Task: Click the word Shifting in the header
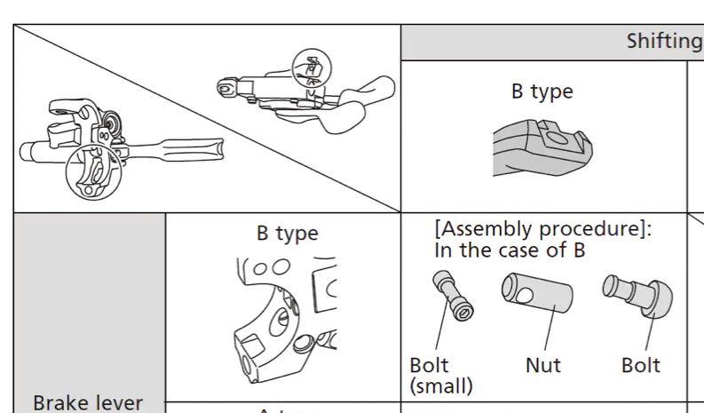pyautogui.click(x=664, y=41)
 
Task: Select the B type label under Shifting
pyautogui.click(x=542, y=91)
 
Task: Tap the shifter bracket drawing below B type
pyautogui.click(x=542, y=146)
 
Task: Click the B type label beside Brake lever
pyautogui.click(x=287, y=234)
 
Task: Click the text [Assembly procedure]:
pyautogui.click(x=542, y=229)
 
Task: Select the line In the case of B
pyautogui.click(x=509, y=250)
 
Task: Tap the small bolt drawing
pyautogui.click(x=452, y=296)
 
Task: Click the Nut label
pyautogui.click(x=542, y=366)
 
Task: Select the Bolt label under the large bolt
pyautogui.click(x=640, y=366)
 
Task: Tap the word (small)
pyautogui.click(x=441, y=386)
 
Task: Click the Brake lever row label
pyautogui.click(x=88, y=402)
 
